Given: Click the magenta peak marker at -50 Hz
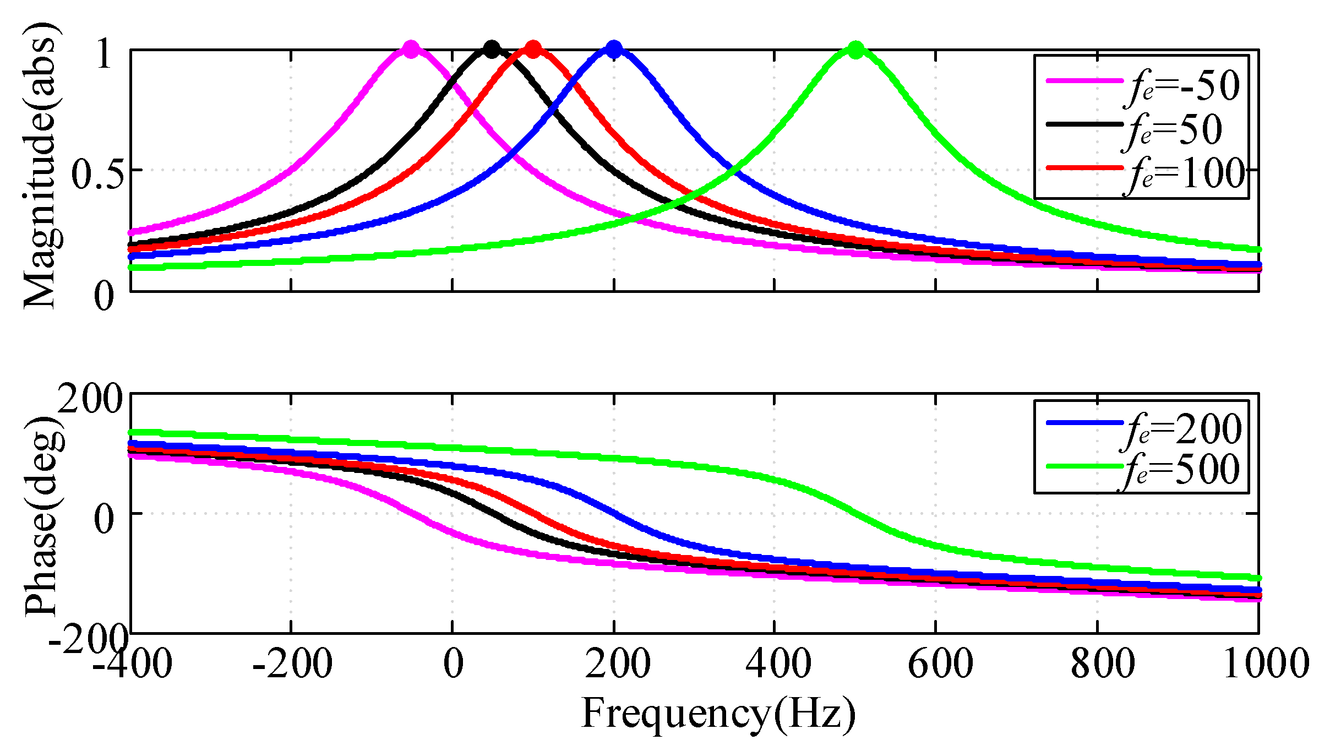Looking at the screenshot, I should click(x=411, y=50).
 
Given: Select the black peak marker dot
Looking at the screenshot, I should click(x=492, y=50).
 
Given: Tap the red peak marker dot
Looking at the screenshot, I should click(x=532, y=50).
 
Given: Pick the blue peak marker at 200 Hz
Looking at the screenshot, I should click(x=613, y=50).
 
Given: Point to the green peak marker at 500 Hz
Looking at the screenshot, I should click(x=855, y=50).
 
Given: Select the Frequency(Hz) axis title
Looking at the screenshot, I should click(x=718, y=714).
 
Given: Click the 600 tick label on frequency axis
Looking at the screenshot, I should click(x=940, y=664).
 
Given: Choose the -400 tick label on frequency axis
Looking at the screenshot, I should click(x=132, y=664).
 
